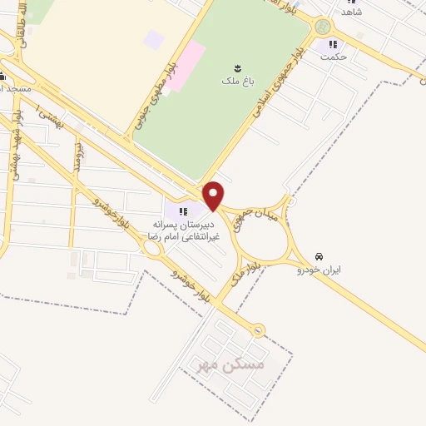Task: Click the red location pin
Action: coord(214,194)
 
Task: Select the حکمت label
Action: coord(334,57)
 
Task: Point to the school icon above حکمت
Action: coord(334,44)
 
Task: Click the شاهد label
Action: coord(351,12)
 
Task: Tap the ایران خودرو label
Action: coord(321,270)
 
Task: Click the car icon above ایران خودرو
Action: coord(319,256)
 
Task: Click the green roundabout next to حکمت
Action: coord(323,27)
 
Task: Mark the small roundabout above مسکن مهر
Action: coord(258,331)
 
